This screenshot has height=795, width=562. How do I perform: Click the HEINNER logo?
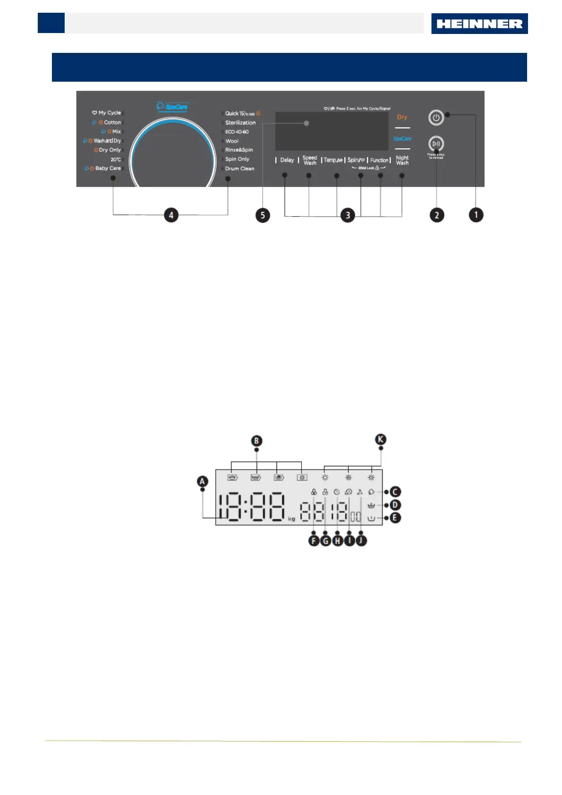click(479, 24)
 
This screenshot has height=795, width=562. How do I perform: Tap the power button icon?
click(436, 118)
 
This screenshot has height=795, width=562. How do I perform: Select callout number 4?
click(171, 215)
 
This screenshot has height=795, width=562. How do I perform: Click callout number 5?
click(263, 215)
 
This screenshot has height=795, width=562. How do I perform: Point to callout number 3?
click(348, 215)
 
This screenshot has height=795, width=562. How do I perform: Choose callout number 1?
click(476, 215)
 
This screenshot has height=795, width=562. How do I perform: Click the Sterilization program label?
click(240, 123)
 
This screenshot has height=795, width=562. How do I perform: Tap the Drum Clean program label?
click(239, 169)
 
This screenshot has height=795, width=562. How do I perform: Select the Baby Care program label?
click(108, 169)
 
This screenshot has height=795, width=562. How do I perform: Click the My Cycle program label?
click(109, 113)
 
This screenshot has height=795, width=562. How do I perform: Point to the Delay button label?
click(287, 160)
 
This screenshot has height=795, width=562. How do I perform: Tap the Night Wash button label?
click(402, 161)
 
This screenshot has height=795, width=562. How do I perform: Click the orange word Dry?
click(402, 117)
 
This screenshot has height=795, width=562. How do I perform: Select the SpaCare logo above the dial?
click(172, 107)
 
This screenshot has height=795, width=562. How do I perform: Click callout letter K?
click(380, 440)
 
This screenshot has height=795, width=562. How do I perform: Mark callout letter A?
click(202, 482)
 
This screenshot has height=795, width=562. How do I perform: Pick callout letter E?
click(395, 518)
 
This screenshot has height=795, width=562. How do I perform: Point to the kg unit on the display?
click(292, 519)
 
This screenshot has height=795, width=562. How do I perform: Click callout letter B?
click(256, 441)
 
